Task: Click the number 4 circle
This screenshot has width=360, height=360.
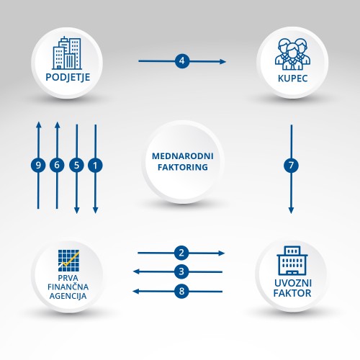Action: (x=182, y=61)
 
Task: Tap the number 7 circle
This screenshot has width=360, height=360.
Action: (x=291, y=165)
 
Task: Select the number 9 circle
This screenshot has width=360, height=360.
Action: (x=38, y=165)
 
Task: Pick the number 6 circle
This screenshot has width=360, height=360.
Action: (x=57, y=165)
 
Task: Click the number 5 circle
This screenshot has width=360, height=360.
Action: (x=76, y=165)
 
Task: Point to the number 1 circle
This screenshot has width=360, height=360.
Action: (x=95, y=165)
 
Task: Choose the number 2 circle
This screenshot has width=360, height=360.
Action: (x=181, y=253)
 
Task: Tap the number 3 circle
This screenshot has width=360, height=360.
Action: (x=181, y=271)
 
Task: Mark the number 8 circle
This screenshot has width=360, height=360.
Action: (x=181, y=291)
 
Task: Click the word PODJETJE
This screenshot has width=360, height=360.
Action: (x=68, y=77)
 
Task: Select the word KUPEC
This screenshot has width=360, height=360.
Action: (x=292, y=78)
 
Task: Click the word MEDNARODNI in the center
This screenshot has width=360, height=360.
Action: (x=183, y=156)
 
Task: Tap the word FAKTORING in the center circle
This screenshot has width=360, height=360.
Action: (x=183, y=167)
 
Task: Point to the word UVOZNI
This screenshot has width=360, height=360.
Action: (x=293, y=283)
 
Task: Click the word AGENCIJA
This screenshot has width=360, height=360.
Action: (x=68, y=296)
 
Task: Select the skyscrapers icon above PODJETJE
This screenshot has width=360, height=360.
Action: (x=67, y=53)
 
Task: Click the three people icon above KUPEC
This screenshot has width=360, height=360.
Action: (x=292, y=54)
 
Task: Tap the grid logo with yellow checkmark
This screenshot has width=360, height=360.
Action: (x=68, y=261)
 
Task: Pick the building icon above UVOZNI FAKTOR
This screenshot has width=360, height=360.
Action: (x=292, y=261)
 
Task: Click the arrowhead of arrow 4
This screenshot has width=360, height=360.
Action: (x=222, y=62)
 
